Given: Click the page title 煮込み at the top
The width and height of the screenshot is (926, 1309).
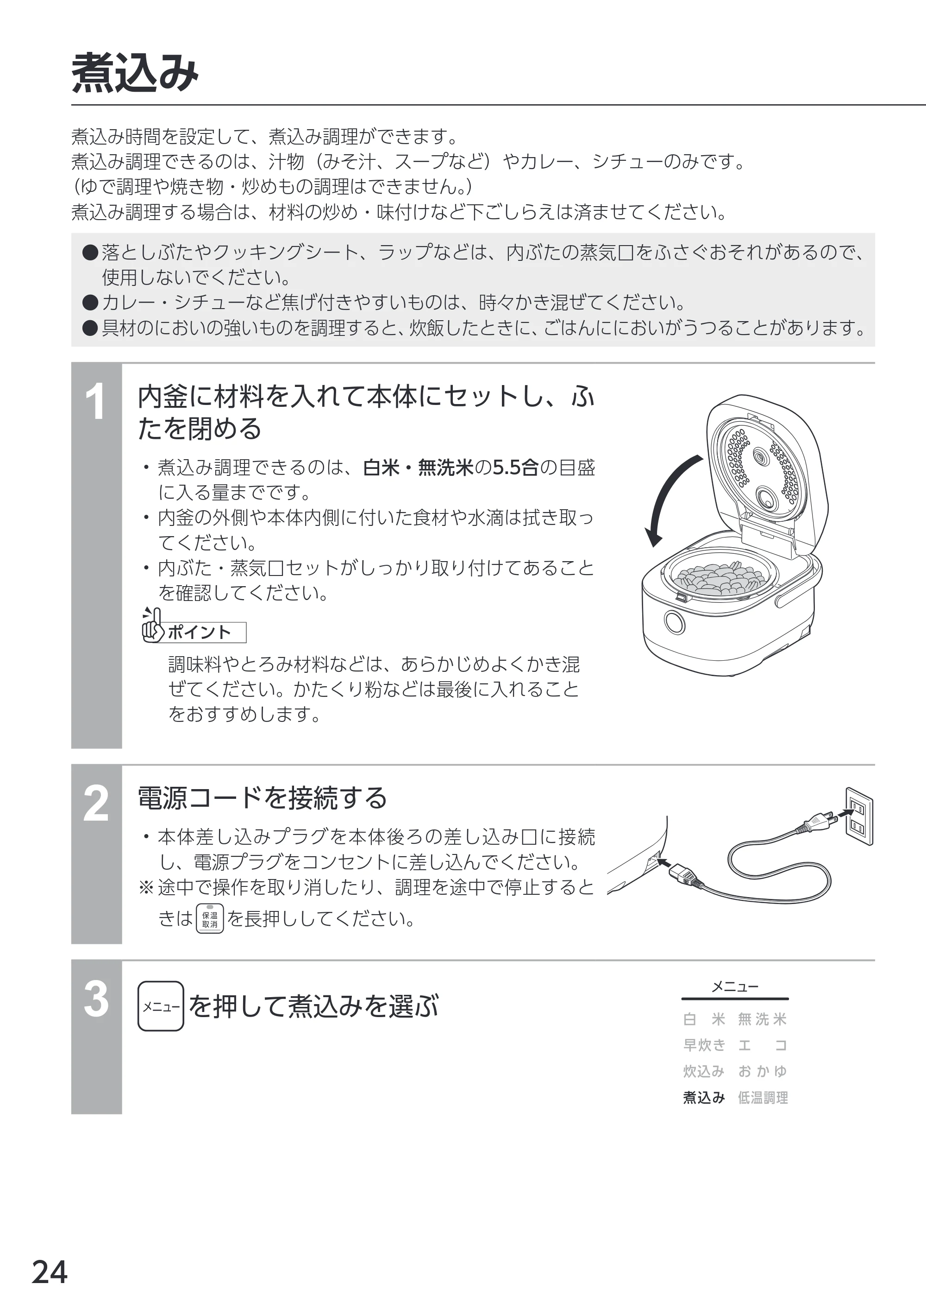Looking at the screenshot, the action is coord(135,73).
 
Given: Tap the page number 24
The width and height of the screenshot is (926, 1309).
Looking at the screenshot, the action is coord(50,1272).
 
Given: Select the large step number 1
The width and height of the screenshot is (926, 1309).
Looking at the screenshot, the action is coord(96,402).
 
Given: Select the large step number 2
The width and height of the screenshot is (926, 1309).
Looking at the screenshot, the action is coord(96,803).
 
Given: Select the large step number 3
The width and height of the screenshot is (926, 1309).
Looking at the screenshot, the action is coord(96,999).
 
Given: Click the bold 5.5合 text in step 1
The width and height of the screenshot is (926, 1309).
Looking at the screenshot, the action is coord(515,468).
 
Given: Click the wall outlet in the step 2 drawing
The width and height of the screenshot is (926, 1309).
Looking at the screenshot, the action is coord(859,816).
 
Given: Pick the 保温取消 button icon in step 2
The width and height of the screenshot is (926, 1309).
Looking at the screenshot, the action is coord(210,918).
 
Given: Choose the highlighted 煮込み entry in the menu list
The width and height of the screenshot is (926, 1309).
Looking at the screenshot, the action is coord(704,1097).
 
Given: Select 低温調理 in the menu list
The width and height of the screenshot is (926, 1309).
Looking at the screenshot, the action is coord(763,1097).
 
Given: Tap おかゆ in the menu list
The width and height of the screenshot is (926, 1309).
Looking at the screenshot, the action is coord(763,1071).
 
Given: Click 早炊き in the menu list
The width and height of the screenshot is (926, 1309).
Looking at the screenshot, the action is coord(704,1045).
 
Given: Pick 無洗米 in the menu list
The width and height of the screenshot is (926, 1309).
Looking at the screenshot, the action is coord(763,1019).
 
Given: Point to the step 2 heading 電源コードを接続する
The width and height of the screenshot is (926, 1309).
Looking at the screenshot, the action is coord(263,798).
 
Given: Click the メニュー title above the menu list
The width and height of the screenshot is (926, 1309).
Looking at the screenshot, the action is coord(735,986).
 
